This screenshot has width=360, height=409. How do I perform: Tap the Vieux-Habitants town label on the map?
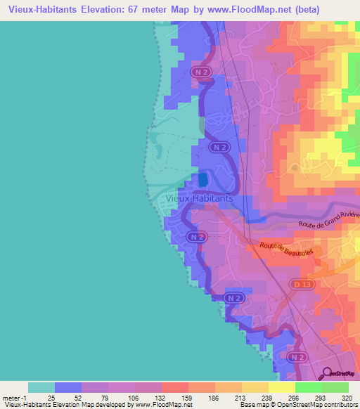click(200, 199)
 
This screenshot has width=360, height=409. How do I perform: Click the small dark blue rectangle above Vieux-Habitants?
click(203, 179)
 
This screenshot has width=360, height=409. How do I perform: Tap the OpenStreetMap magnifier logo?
click(327, 375)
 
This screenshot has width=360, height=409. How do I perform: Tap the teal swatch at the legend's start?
click(41, 387)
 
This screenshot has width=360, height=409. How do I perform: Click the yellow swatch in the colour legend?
click(281, 387)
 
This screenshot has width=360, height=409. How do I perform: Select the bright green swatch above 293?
click(308, 387)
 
